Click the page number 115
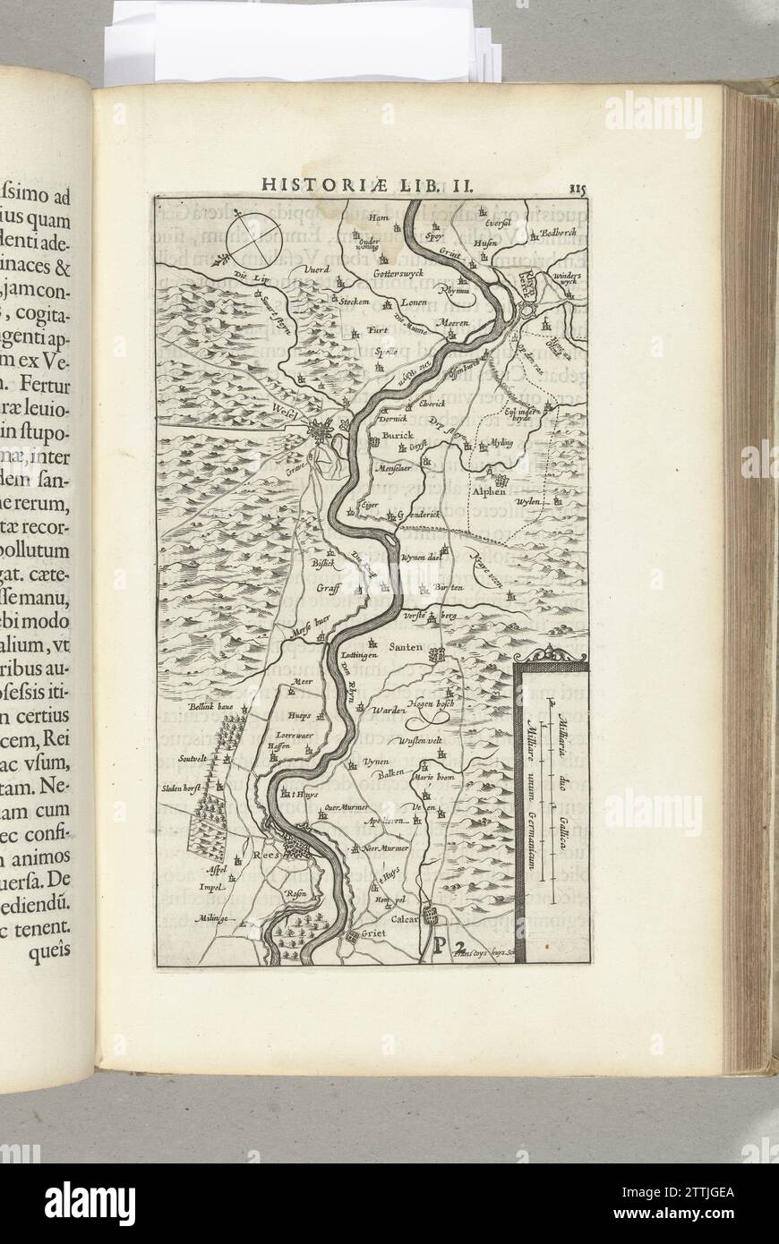pos(576,187)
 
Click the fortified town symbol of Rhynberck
pos(528,309)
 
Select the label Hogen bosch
pos(432,704)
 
